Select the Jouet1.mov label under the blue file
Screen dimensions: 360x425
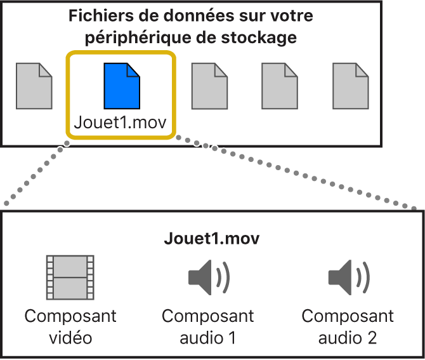121,122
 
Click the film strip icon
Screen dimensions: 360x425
70,277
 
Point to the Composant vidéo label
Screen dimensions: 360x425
70,326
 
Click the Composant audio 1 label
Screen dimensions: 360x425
208,326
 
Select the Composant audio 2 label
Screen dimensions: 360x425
348,326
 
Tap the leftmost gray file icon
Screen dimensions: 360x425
34,86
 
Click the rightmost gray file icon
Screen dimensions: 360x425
351,86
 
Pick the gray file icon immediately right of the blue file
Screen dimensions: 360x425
209,86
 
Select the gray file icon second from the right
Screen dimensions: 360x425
280,86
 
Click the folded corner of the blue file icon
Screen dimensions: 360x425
133,69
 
